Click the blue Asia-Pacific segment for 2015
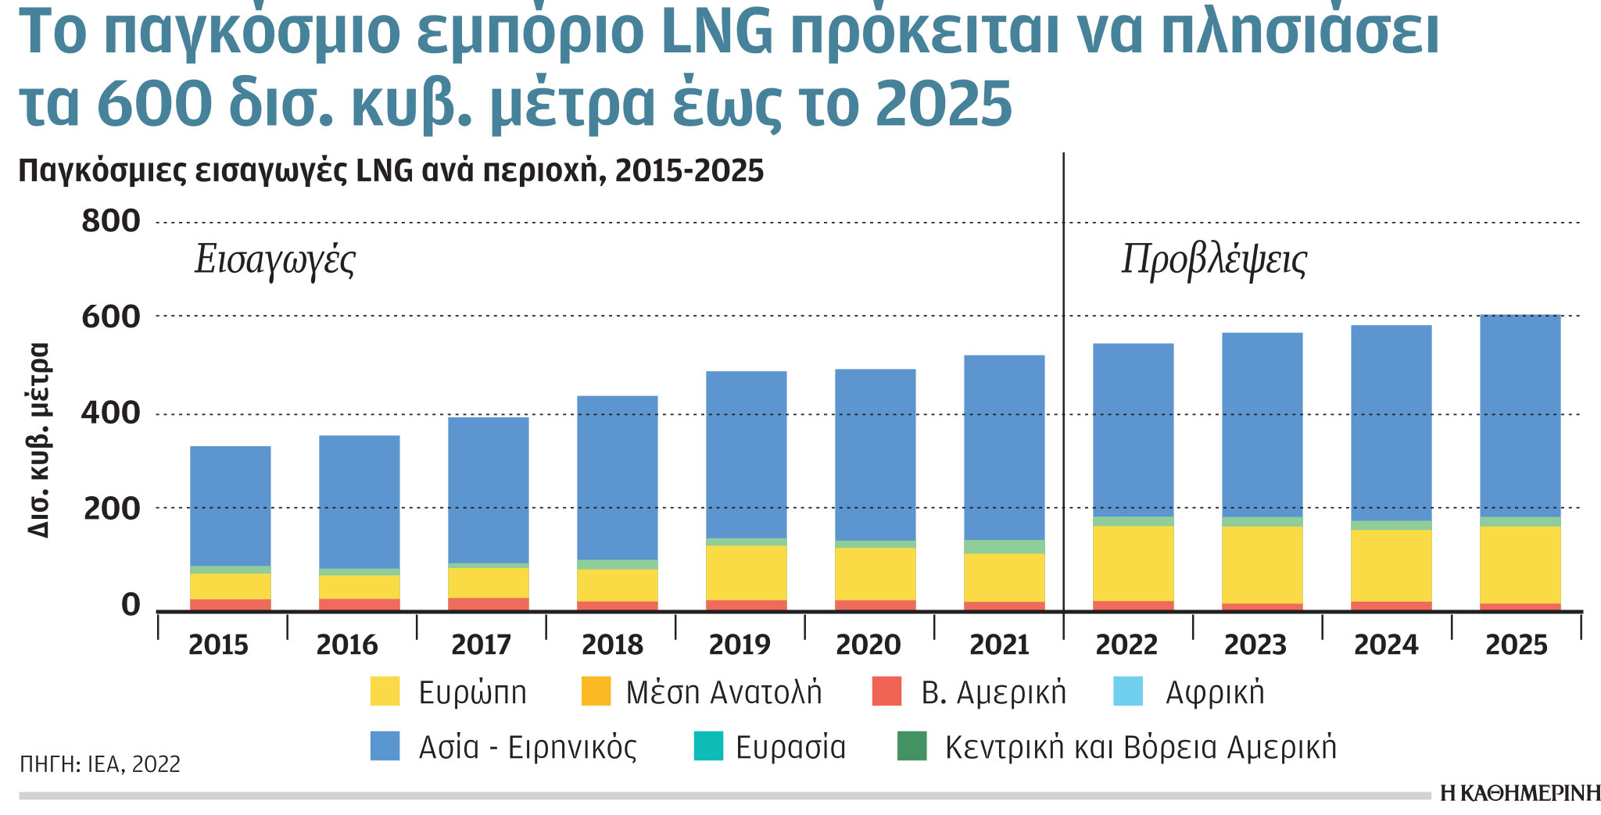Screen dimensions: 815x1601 231,506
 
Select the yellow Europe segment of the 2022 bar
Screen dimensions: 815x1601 1133,563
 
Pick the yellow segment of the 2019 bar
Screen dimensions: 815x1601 746,573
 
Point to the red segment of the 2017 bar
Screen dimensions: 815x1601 489,604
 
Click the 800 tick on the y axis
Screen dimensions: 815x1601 111,221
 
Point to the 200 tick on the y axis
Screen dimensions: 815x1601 111,509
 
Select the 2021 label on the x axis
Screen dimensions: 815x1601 998,645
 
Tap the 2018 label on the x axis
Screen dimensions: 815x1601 612,645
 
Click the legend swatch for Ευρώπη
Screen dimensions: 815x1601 385,692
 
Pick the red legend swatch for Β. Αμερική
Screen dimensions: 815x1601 886,692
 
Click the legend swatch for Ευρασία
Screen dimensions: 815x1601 708,746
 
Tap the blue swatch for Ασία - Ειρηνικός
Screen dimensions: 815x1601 385,746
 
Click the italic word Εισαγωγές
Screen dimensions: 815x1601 275,261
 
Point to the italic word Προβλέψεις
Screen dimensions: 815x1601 1214,261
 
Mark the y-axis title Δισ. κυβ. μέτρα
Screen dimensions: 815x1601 39,440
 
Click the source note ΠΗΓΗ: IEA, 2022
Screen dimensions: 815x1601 100,764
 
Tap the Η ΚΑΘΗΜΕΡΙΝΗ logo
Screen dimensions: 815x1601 1520,794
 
